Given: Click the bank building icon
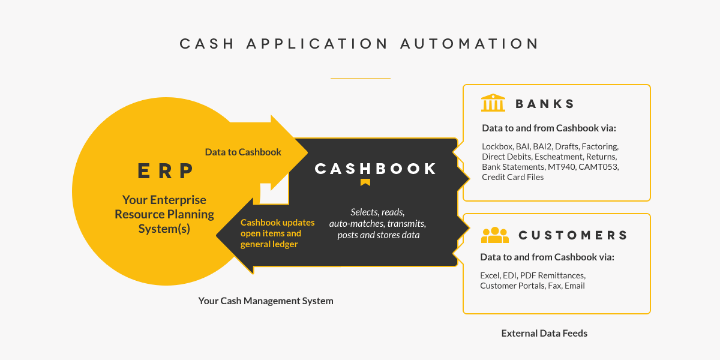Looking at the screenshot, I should tap(493, 103).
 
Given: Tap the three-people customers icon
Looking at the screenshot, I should tap(495, 235).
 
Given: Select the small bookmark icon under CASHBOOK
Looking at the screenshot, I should tap(365, 182).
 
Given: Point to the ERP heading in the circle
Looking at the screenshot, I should tap(166, 171).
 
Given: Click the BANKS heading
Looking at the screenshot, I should tap(545, 104).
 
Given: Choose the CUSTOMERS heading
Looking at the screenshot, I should tap(572, 235).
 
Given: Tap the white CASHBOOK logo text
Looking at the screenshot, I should tap(376, 169).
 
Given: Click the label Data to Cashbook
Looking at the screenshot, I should tap(243, 152).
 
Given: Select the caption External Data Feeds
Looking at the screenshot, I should tap(544, 333).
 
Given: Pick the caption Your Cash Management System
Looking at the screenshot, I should tap(266, 301).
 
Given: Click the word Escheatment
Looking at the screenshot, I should tap(553, 156).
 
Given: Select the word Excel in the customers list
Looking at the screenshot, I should tap(490, 275).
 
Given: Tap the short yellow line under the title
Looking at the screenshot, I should tap(360, 78).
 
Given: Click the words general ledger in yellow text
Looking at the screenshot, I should tap(269, 244).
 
